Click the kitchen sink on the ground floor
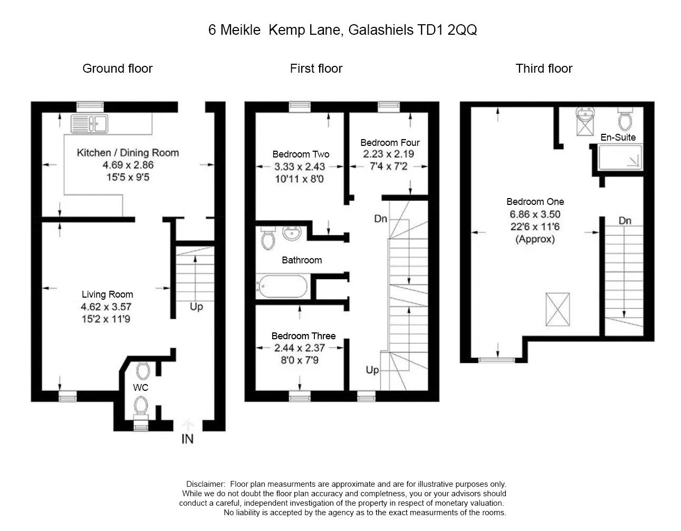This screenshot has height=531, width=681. pyautogui.click(x=89, y=124)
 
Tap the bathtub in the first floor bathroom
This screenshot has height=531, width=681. pyautogui.click(x=282, y=287)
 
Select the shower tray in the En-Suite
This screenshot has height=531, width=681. pyautogui.click(x=620, y=157)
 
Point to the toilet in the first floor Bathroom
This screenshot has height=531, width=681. pyautogui.click(x=268, y=238)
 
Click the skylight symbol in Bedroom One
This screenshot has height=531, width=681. pyautogui.click(x=558, y=309)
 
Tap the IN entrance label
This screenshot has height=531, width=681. pyautogui.click(x=187, y=439)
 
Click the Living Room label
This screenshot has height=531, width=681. pyautogui.click(x=108, y=294)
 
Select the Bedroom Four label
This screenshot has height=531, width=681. pyautogui.click(x=390, y=143)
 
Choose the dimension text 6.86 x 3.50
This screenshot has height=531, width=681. pyautogui.click(x=535, y=214)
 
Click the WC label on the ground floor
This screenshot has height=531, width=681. pyautogui.click(x=140, y=388)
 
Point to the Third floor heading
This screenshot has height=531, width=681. pyautogui.click(x=544, y=68)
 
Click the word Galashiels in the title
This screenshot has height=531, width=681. pyautogui.click(x=381, y=30)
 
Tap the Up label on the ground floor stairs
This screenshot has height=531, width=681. pyautogui.click(x=197, y=307)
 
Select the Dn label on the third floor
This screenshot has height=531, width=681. pyautogui.click(x=625, y=221)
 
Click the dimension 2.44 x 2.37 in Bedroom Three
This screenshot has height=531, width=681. pyautogui.click(x=299, y=348)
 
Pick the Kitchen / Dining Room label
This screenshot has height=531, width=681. pyautogui.click(x=128, y=153)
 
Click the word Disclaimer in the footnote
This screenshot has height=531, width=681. pyautogui.click(x=206, y=484)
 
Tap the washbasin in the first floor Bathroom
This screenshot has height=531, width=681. pyautogui.click(x=292, y=233)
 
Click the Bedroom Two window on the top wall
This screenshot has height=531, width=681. pyautogui.click(x=300, y=107)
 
